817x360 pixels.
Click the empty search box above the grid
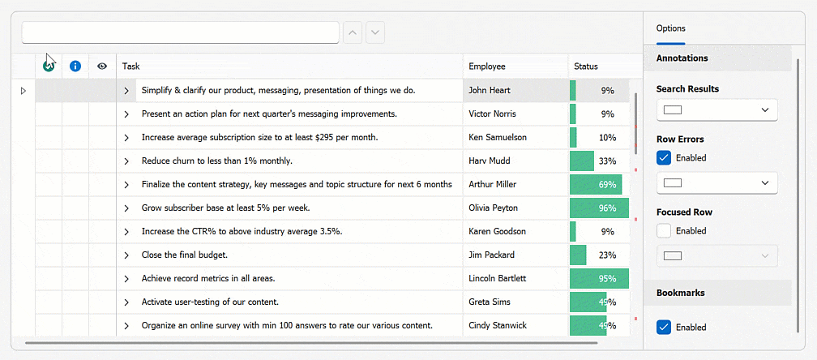pos(180,32)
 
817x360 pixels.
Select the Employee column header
pos(515,66)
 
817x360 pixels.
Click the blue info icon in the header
pos(75,66)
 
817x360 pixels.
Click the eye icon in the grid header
pos(102,66)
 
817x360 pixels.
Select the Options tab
pos(671,28)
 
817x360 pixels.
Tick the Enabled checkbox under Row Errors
pos(664,158)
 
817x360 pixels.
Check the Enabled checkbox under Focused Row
pos(664,231)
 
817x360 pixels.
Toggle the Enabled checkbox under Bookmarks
pos(664,328)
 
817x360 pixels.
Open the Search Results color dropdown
pos(716,109)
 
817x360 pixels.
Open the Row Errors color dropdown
pos(716,183)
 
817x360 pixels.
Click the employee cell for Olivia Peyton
pos(515,208)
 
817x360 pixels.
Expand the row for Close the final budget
pos(126,255)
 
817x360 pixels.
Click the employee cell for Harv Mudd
pos(515,161)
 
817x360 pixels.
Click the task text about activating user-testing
pos(210,302)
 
